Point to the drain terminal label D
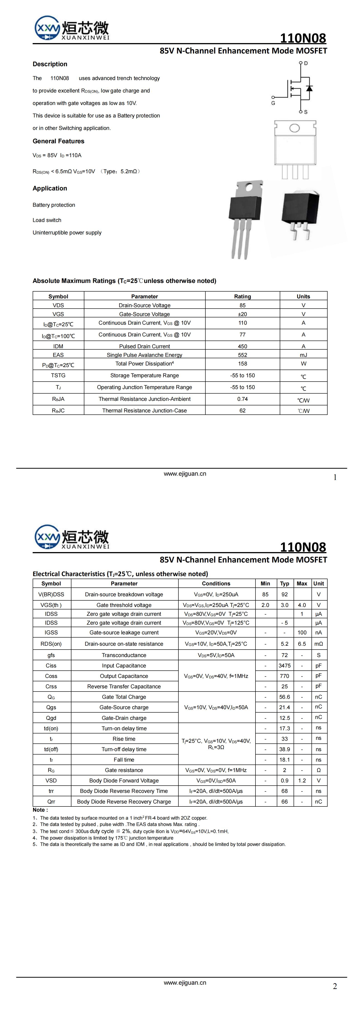click(x=306, y=63)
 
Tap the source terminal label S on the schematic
click(x=305, y=112)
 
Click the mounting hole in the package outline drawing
click(x=294, y=128)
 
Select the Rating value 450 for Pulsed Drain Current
click(x=242, y=346)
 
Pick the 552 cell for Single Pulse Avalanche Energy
click(x=242, y=355)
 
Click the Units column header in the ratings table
click(x=303, y=296)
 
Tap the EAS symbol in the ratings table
click(x=58, y=355)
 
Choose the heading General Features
click(x=58, y=141)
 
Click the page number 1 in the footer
click(x=335, y=477)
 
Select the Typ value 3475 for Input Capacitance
click(x=285, y=665)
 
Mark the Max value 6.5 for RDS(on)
click(x=302, y=644)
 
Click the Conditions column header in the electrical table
click(x=216, y=583)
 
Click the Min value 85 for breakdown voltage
click(x=265, y=594)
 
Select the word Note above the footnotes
click(x=39, y=810)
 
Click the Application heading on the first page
click(x=50, y=188)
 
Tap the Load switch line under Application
click(x=47, y=220)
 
